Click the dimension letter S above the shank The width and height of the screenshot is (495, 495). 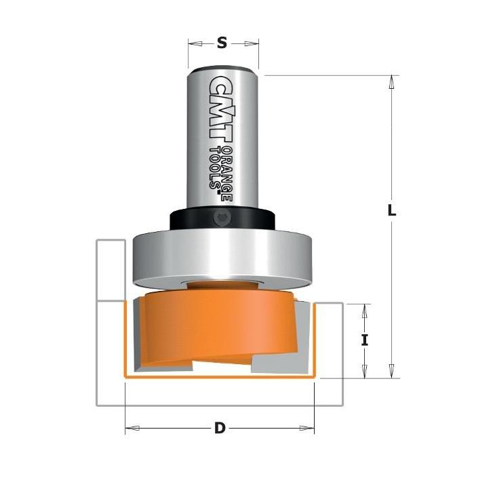click(x=222, y=43)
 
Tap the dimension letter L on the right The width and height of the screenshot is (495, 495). click(x=392, y=210)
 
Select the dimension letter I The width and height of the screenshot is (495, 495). click(x=365, y=340)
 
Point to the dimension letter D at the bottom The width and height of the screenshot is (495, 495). click(x=220, y=429)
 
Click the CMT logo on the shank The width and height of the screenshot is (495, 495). click(x=220, y=106)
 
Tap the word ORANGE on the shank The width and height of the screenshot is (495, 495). click(x=227, y=174)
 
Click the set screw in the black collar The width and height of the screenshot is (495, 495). click(x=222, y=218)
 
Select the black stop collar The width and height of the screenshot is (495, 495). click(x=222, y=219)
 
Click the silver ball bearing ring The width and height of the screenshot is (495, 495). click(x=222, y=259)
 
